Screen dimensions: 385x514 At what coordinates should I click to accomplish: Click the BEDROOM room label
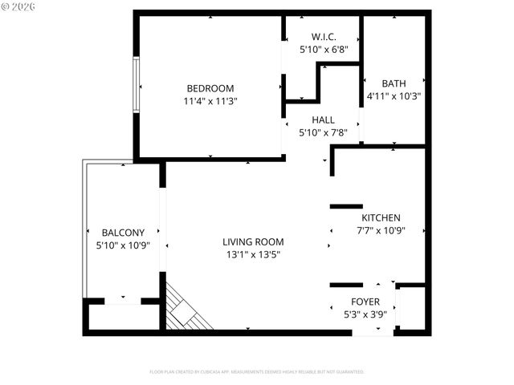(x=210, y=88)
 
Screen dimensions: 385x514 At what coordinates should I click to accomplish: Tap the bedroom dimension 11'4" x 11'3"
(x=210, y=101)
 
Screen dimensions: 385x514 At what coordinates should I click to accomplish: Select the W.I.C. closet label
(x=323, y=37)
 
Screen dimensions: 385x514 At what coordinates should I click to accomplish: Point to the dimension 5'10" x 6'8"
(x=323, y=50)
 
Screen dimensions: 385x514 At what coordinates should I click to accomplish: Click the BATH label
(x=394, y=83)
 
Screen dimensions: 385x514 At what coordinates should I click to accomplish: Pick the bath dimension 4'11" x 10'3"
(x=394, y=96)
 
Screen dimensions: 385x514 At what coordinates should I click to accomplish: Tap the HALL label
(x=323, y=120)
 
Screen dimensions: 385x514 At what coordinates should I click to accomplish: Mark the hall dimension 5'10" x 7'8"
(x=323, y=133)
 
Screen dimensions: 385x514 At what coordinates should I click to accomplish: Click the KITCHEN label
(x=381, y=218)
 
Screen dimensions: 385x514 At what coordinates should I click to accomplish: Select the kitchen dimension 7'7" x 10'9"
(x=381, y=231)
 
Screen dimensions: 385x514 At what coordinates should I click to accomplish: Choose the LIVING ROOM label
(x=253, y=241)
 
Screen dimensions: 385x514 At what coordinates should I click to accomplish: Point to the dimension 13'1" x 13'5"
(x=253, y=254)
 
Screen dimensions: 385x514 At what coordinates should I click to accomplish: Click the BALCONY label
(x=123, y=233)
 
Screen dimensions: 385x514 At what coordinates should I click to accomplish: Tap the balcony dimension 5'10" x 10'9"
(x=123, y=245)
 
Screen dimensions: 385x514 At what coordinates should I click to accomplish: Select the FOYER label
(x=365, y=302)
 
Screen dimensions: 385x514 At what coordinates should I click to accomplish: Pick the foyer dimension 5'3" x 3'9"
(x=365, y=314)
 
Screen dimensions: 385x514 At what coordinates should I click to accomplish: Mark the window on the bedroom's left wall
(x=137, y=84)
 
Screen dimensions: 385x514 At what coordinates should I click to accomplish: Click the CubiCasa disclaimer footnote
(x=257, y=372)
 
